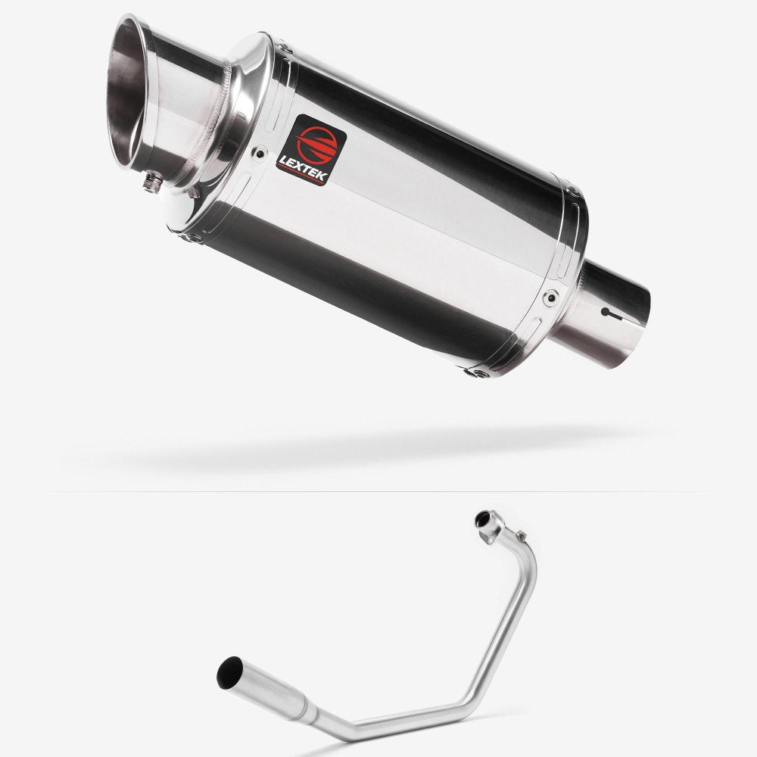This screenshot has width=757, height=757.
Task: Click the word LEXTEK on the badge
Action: tap(313, 161)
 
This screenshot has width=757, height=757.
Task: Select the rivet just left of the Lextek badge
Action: tap(262, 151)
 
